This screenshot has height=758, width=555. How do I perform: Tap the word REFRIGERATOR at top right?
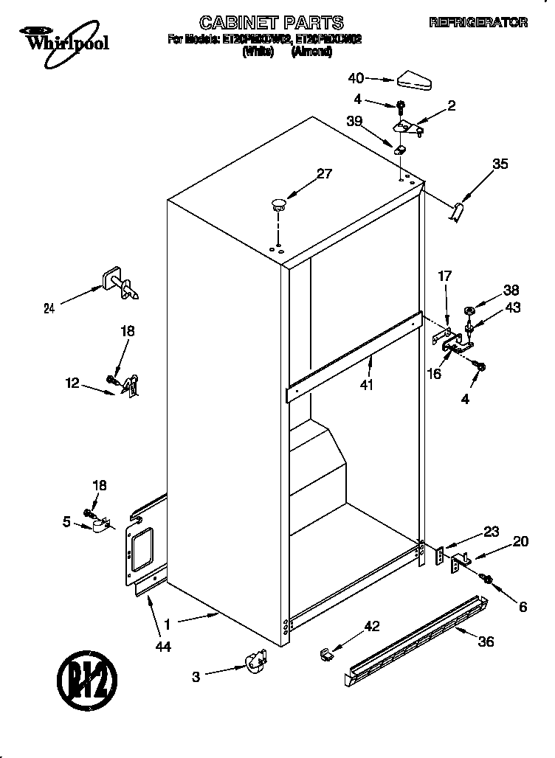click(478, 23)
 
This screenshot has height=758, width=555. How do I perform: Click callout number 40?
click(356, 77)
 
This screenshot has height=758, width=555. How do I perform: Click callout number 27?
click(324, 175)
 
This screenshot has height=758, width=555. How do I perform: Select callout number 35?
click(500, 164)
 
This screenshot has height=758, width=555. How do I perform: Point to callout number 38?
click(511, 291)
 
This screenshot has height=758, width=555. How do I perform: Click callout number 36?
click(485, 641)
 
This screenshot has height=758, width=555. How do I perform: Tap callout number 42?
click(372, 627)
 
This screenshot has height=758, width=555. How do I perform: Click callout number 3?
click(196, 677)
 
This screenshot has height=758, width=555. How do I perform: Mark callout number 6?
click(523, 607)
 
